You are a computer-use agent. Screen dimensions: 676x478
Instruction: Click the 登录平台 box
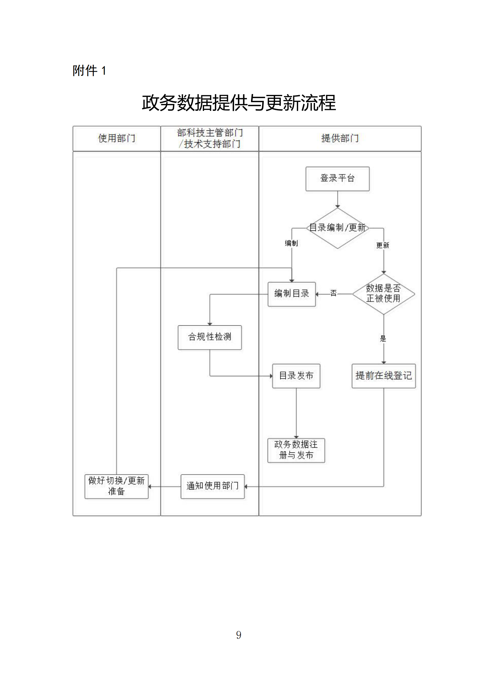(x=337, y=179)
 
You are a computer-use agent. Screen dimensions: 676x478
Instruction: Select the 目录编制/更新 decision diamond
(x=338, y=228)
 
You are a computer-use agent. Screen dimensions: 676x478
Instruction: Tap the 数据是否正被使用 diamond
(x=383, y=294)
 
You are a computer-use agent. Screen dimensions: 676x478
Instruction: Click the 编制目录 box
(x=291, y=294)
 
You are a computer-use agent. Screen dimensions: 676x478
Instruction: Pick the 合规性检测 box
(x=210, y=337)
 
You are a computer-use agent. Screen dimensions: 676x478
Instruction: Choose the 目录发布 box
(x=296, y=376)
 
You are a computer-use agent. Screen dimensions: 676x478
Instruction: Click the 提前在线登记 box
(x=383, y=376)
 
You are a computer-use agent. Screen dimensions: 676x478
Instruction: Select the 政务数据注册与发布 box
(x=296, y=450)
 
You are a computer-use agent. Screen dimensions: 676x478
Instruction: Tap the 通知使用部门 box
(x=212, y=486)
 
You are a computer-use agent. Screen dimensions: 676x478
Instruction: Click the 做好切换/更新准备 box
(x=116, y=486)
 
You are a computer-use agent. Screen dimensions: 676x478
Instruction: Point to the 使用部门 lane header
(x=117, y=139)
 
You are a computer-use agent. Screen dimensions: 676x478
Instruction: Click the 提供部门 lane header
(x=340, y=139)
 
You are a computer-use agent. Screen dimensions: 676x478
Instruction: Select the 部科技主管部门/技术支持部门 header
(x=210, y=139)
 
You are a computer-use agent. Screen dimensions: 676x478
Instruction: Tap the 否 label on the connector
(x=333, y=293)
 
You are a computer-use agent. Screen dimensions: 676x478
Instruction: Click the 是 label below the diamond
(x=383, y=339)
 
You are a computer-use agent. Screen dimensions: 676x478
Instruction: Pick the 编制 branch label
(x=291, y=243)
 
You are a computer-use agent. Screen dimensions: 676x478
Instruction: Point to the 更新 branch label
(x=382, y=246)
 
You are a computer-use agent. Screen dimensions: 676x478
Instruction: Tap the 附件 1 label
(x=89, y=71)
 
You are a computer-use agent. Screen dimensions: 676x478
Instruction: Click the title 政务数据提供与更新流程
(x=239, y=103)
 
